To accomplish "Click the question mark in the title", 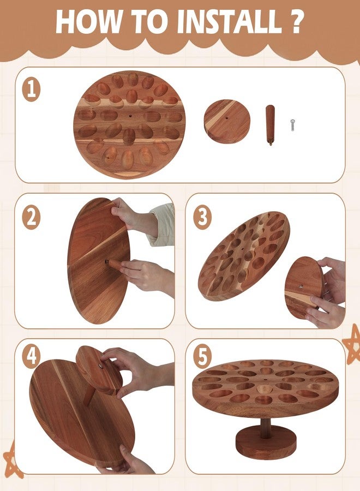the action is pos(296,21).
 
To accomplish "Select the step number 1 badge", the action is pos(31,90).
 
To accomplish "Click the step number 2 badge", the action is pos(31,218).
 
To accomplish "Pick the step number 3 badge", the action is pos(202,218).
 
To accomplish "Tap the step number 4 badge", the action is pos(31,357).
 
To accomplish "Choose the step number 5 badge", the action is pos(202,357).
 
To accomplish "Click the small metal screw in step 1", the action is pos(292,125).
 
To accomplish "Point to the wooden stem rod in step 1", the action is pos(270,125).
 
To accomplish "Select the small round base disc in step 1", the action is pos(227,121).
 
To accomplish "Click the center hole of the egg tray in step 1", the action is pos(130,116).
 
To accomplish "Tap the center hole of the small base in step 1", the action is pos(227,119).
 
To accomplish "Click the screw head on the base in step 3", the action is pos(301,286).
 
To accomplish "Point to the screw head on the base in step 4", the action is pos(100,365).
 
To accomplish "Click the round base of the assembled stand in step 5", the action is pos(266,442).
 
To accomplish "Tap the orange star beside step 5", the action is pos(352,344).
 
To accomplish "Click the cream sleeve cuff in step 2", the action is pos(163,224).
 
